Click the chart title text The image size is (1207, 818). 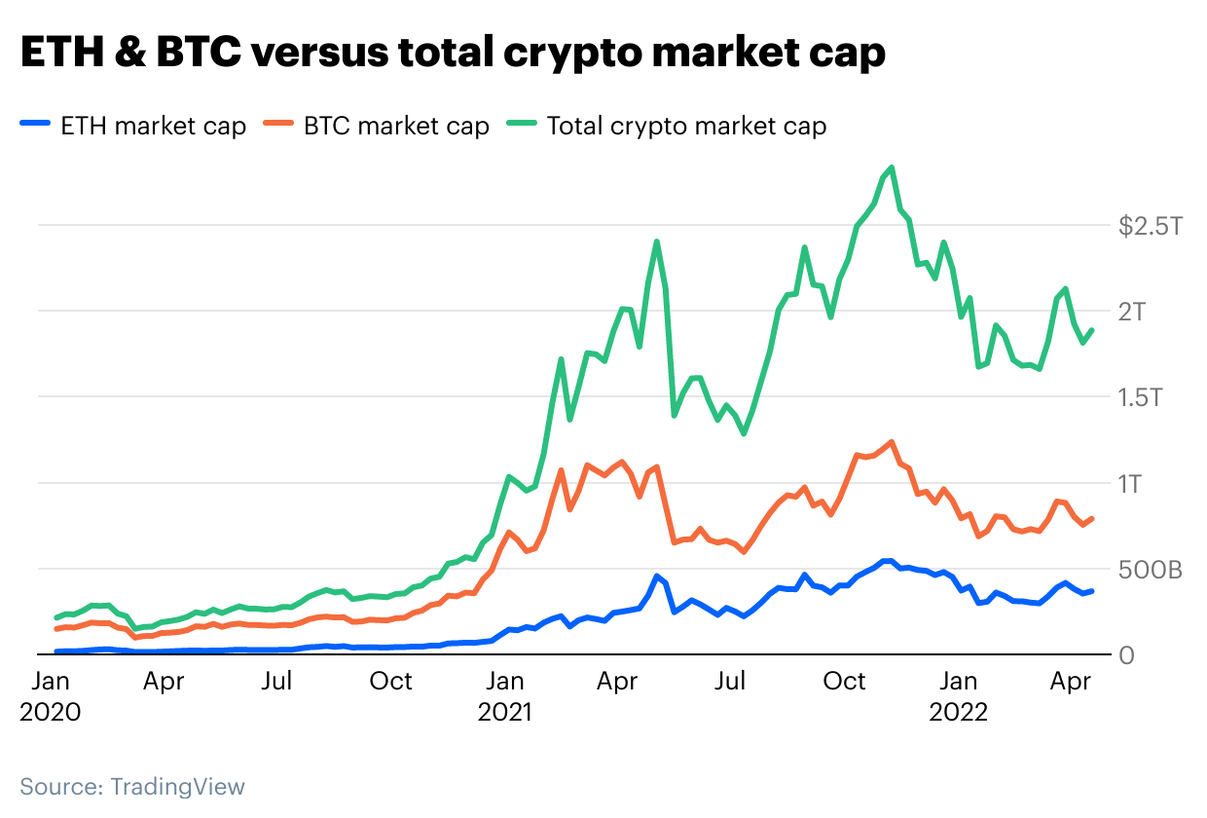click(453, 54)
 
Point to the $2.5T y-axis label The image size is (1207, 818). click(1150, 227)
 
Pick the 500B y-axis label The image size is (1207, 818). click(1150, 570)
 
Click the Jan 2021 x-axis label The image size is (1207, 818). click(504, 696)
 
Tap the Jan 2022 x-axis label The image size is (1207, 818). click(959, 696)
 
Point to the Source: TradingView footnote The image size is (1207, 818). click(132, 786)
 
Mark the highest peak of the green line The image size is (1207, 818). click(892, 167)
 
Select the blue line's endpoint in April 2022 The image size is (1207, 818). click(1091, 591)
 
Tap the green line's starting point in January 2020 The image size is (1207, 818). click(56, 617)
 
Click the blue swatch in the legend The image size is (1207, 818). click(36, 126)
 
